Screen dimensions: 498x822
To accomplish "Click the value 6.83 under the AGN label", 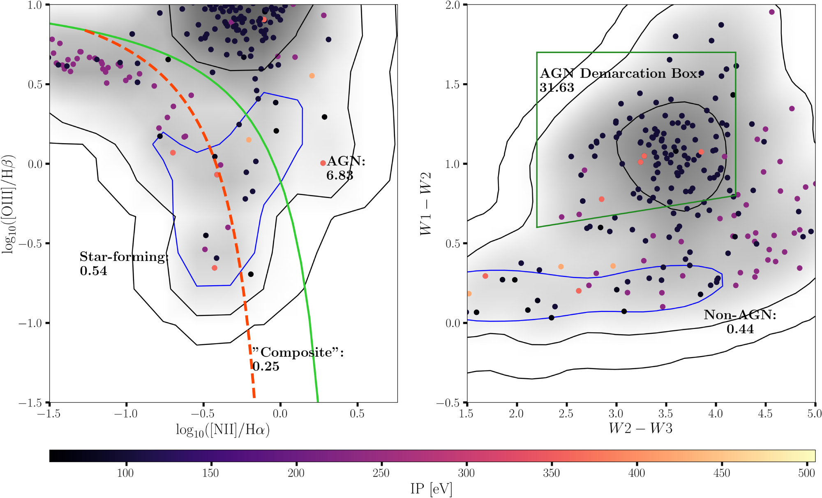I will pyautogui.click(x=339, y=176).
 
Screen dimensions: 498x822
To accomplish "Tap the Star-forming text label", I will pyautogui.click(x=123, y=257).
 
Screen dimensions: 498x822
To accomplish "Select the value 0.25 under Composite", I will pyautogui.click(x=266, y=366).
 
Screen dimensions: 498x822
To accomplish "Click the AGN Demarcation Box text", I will pyautogui.click(x=620, y=74).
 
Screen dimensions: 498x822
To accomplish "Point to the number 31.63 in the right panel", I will pyautogui.click(x=556, y=88).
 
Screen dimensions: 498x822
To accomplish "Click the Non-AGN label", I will pyautogui.click(x=740, y=315).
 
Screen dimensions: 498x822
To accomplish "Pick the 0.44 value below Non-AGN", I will pyautogui.click(x=740, y=329).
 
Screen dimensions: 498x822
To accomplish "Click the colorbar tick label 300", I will pyautogui.click(x=466, y=473).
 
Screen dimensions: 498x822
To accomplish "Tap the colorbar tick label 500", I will pyautogui.click(x=806, y=473).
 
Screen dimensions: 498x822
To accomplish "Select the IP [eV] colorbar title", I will pyautogui.click(x=431, y=489).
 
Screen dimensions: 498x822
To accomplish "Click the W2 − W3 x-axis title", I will pyautogui.click(x=640, y=428).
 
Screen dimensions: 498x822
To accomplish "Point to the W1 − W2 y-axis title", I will pyautogui.click(x=426, y=204).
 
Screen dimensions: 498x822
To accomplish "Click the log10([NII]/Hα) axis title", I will pyautogui.click(x=223, y=430).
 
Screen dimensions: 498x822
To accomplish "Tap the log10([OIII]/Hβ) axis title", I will pyautogui.click(x=8, y=204).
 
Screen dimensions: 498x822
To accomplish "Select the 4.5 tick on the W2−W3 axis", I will pyautogui.click(x=765, y=414).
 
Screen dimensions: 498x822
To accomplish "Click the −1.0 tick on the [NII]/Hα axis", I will pyautogui.click(x=126, y=414).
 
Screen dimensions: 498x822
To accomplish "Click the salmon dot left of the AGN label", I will pyautogui.click(x=323, y=163).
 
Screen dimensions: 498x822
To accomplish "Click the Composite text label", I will pyautogui.click(x=297, y=352).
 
